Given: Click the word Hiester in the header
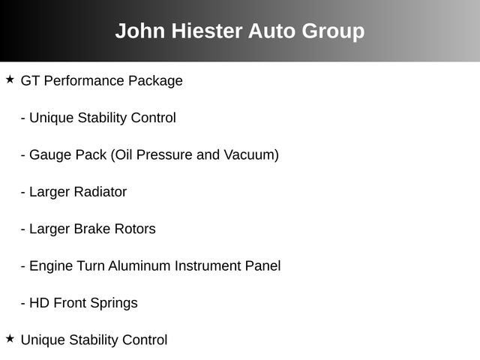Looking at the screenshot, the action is tap(207, 31).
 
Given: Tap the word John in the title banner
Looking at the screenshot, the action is tap(140, 31).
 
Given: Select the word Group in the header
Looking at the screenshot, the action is tap(333, 31).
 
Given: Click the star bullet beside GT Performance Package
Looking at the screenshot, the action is tap(10, 79).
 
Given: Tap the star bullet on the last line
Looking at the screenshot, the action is tap(10, 338).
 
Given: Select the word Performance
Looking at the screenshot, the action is tap(84, 81).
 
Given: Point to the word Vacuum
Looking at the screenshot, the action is tap(249, 155).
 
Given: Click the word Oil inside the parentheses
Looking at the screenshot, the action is tap(124, 155).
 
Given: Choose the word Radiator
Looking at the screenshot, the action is tap(100, 192).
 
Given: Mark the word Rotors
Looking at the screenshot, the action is tap(135, 229).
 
